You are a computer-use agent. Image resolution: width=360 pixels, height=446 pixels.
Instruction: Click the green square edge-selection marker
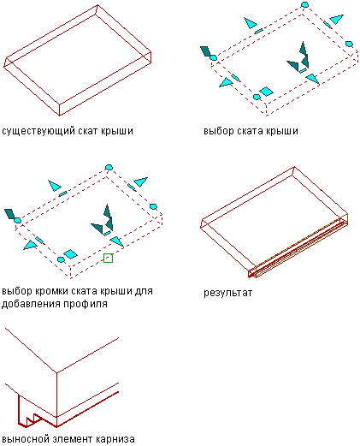(108, 258)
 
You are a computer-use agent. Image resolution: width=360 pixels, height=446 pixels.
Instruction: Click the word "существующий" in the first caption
(35, 131)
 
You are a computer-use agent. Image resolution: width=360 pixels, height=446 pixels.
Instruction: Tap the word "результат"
(227, 293)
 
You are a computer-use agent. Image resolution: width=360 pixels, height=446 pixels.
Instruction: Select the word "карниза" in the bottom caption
(115, 438)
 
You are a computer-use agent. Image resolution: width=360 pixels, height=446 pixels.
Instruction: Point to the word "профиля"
(86, 304)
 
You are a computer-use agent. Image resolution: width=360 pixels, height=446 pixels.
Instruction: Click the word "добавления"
(31, 304)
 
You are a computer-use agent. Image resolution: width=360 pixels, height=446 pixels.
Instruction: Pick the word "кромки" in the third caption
(51, 291)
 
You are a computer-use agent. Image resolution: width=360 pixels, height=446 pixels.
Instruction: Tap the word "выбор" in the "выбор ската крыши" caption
(219, 131)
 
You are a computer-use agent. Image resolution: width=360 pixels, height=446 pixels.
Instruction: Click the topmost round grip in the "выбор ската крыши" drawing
(304, 4)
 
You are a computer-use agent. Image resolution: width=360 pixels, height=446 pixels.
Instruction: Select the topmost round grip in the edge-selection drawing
(109, 167)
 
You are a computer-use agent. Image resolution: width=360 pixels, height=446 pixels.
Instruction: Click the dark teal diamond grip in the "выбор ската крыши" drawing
(205, 51)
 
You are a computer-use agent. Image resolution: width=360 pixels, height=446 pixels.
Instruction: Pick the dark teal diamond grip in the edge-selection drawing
(9, 214)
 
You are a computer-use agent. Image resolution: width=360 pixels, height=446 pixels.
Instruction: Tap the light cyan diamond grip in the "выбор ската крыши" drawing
(267, 92)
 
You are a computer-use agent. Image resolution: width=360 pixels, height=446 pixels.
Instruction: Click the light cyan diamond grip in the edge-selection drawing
(70, 254)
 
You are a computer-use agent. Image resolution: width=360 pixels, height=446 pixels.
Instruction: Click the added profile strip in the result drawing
(298, 246)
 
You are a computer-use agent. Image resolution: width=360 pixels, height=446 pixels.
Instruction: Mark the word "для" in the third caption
(144, 292)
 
